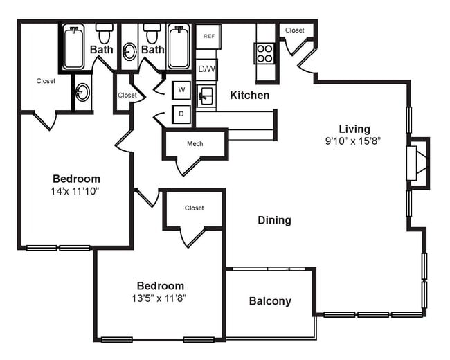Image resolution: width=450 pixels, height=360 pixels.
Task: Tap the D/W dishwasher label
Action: (x=206, y=69)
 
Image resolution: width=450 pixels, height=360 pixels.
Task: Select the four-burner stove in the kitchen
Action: (x=264, y=53)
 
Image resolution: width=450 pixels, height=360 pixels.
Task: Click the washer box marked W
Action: (x=181, y=90)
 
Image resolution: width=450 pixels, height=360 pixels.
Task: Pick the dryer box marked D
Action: (x=181, y=114)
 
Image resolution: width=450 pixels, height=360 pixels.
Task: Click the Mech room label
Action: (x=195, y=144)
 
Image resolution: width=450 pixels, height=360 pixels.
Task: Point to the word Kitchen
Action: (x=250, y=96)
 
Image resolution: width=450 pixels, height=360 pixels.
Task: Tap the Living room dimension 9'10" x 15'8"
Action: (x=354, y=141)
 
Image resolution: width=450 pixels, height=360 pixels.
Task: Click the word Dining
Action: (x=274, y=220)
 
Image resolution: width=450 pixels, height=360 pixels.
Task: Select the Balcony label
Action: (x=270, y=301)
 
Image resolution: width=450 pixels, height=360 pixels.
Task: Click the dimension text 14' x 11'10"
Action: (x=76, y=190)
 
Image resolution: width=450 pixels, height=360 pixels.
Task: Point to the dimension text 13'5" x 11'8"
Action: (x=160, y=298)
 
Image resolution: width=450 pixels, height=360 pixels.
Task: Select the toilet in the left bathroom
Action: (x=104, y=32)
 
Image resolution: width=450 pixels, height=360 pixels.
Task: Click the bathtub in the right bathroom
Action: (x=179, y=47)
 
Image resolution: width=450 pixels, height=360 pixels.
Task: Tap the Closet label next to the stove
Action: (x=295, y=30)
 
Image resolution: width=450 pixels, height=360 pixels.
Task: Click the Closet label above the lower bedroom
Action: (x=195, y=208)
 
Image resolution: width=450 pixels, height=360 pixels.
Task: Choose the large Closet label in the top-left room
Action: (x=46, y=81)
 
